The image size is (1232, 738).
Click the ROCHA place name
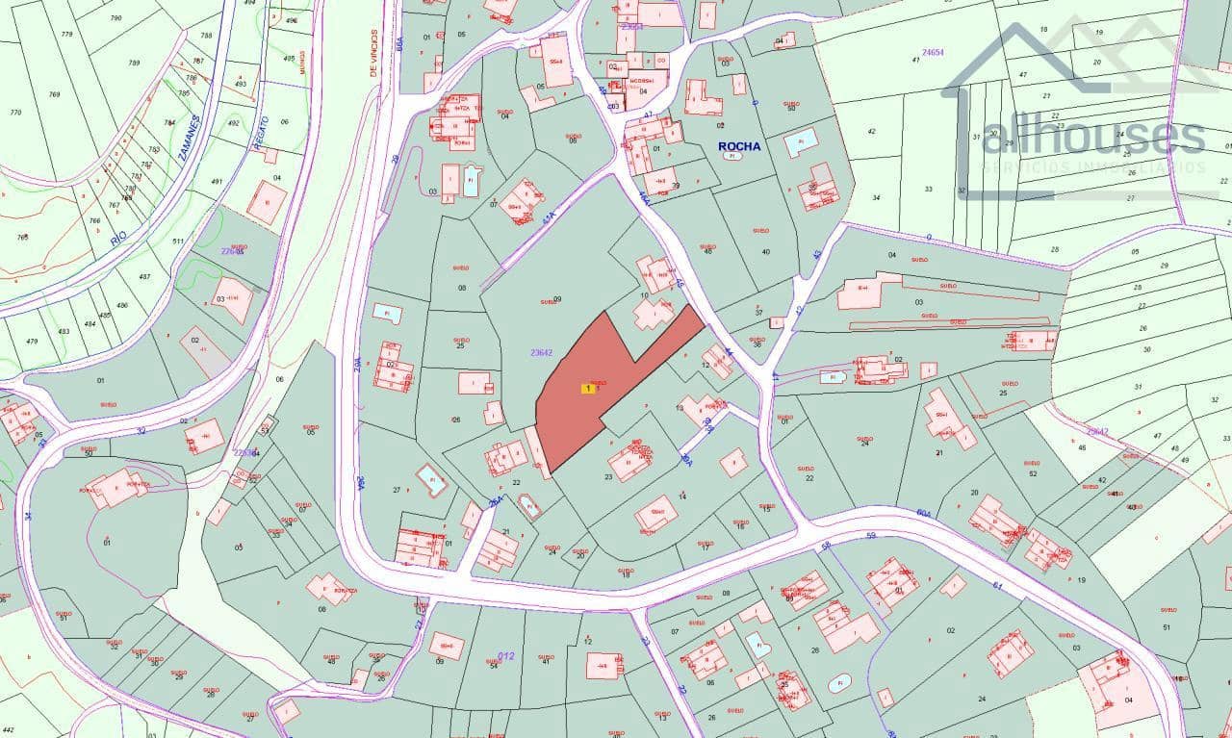click(x=739, y=146)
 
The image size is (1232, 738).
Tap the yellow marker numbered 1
click(x=588, y=388)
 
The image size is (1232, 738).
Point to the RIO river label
click(x=118, y=235)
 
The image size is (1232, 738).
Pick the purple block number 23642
click(x=541, y=353)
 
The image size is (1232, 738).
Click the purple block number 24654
click(x=933, y=53)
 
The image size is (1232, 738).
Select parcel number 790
click(x=115, y=18)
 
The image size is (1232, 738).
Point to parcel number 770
click(x=14, y=113)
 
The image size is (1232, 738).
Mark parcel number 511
click(x=178, y=242)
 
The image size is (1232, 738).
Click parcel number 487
click(x=144, y=277)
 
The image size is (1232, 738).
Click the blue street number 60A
click(x=923, y=513)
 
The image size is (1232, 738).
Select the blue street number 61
click(x=997, y=585)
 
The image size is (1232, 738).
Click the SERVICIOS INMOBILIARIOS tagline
click(x=1093, y=167)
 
